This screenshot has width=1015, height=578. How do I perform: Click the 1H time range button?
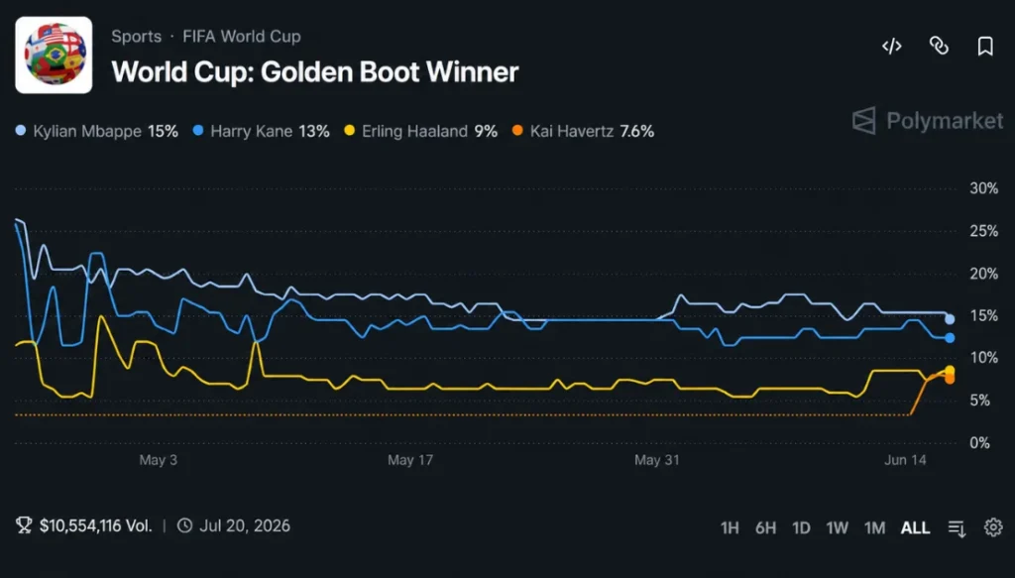point(730,528)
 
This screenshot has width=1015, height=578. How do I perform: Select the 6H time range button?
point(766,528)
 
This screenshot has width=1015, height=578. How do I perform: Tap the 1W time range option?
point(837,528)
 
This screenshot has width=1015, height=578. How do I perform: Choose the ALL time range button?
point(915,528)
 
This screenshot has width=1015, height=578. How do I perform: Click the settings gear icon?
point(993,527)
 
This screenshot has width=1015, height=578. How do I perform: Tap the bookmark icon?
point(985,46)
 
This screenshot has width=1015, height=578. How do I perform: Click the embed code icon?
point(892,46)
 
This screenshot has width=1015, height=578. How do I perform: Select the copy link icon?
point(939,46)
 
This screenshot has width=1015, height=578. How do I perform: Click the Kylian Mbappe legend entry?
point(97,132)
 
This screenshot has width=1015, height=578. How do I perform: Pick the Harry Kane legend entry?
point(262,132)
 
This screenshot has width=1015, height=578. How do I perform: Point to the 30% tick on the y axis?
point(984,188)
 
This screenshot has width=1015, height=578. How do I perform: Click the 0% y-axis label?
point(980,443)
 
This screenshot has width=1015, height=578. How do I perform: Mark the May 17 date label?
point(410,460)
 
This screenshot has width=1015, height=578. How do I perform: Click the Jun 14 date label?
point(906,460)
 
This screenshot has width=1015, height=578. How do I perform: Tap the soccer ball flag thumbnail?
point(54,55)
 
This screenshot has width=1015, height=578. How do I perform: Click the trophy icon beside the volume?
point(24,524)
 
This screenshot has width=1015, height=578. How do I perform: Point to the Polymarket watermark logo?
point(928,121)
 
